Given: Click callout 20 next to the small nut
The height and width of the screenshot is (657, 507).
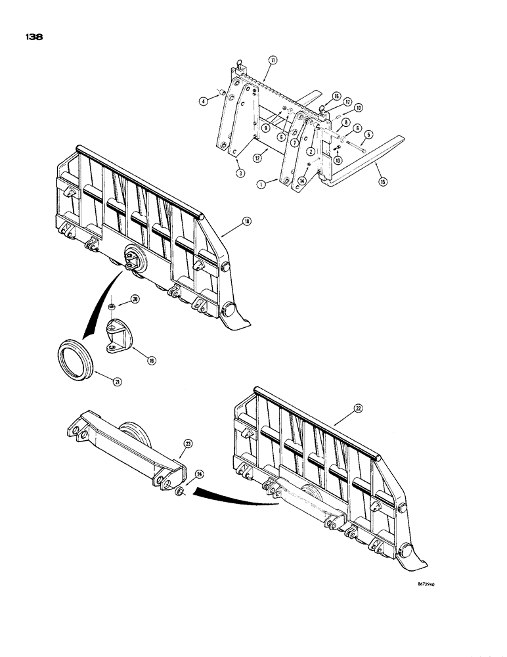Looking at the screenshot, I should (135, 299).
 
